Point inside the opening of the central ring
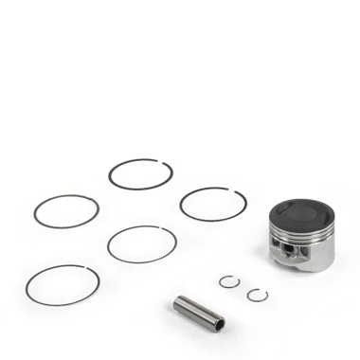141,243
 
